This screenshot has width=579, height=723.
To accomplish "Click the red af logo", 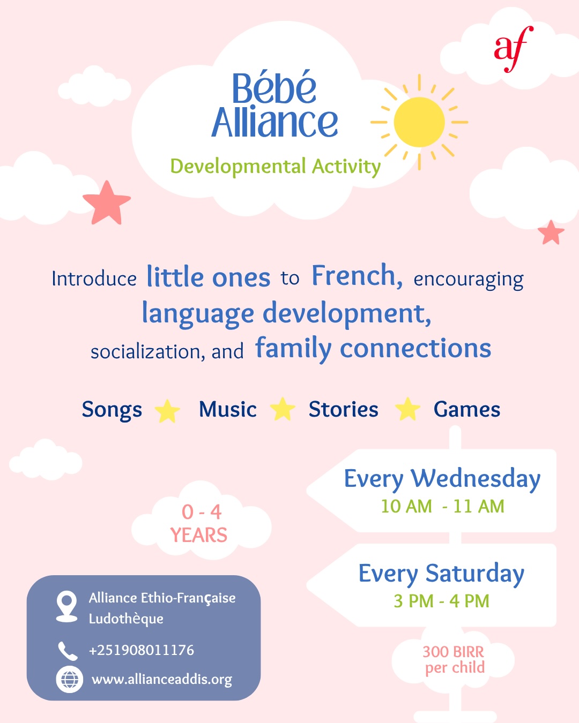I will point(513,48).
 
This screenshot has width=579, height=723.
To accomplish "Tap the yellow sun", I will point(419,122).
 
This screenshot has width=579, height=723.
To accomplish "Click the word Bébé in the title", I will point(274,88).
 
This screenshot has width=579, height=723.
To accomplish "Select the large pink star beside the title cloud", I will point(107,203).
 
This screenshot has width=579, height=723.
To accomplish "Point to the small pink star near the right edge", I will point(551,233).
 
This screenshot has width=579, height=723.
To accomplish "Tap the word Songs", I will point(112,410).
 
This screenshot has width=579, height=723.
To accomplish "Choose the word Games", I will point(466,410).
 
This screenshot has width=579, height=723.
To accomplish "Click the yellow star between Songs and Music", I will point(167,411).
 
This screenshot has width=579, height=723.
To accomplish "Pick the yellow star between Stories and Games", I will point(407,410).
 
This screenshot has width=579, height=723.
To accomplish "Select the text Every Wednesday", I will point(442,478).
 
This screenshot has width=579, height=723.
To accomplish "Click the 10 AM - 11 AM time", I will point(442,506).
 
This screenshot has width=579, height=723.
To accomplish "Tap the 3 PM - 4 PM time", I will point(441,601).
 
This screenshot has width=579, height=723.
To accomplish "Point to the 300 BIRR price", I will point(454,652).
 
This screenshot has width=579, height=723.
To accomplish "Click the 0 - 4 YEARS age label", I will point(199,524).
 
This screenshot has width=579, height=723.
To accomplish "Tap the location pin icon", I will point(66,606).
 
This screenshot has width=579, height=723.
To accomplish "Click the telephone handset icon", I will point(68,651).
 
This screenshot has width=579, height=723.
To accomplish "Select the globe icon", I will point(69,680).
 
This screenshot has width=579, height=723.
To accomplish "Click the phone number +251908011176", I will point(141,650).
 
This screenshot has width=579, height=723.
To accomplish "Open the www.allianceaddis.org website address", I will point(162,680).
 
